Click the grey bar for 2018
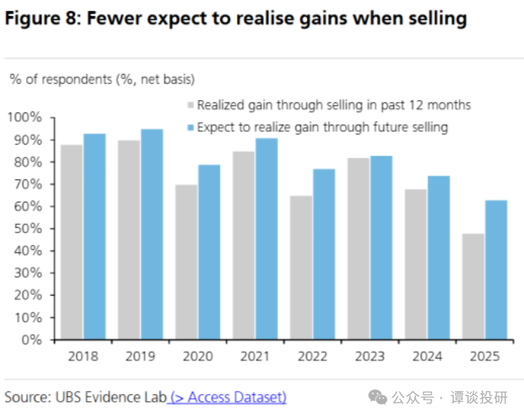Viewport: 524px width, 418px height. pos(72,242)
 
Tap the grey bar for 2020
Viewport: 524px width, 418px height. pos(185,262)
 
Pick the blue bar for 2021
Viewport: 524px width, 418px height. pos(266,239)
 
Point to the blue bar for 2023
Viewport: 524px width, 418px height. pos(381,247)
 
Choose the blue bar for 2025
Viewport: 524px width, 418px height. pos(496,269)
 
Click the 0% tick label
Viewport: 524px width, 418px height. pos(35,339)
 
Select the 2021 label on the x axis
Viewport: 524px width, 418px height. pos(255,356)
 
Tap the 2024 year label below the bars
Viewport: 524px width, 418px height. pos(426,356)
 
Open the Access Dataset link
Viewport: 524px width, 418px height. pos(229,397)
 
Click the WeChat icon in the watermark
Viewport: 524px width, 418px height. pos(377,397)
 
